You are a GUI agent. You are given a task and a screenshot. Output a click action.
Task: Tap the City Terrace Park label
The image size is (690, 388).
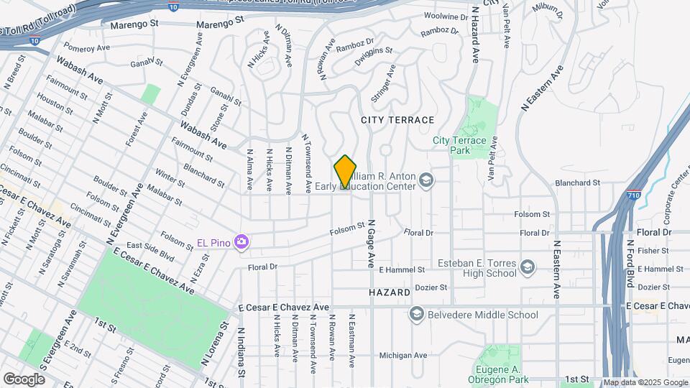tap(460, 146)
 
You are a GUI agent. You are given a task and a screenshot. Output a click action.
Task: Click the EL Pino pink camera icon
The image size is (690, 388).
tap(241, 242)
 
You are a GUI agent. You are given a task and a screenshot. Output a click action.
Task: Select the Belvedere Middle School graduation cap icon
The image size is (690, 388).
tap(416, 314)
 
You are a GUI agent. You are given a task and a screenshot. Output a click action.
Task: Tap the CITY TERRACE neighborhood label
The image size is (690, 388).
tap(397, 120)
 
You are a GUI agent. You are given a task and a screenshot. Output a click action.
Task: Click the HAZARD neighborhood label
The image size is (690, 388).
tap(389, 293)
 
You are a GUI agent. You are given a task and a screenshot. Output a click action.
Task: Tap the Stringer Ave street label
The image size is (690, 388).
tap(383, 83)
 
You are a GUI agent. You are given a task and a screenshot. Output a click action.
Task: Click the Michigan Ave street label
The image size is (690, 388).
tap(403, 355)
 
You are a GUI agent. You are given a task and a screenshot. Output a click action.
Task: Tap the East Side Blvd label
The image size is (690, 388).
tap(152, 251)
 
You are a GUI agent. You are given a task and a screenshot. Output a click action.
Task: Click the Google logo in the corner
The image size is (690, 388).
tap(24, 378)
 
